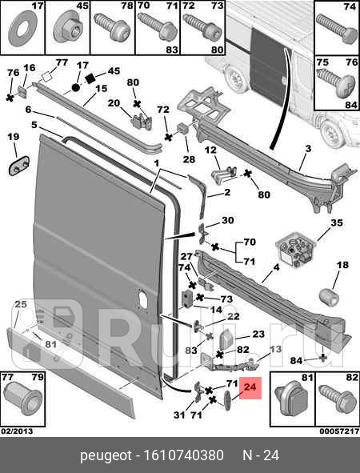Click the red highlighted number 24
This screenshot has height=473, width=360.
pyautogui.click(x=250, y=387)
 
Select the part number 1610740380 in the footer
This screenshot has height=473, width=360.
pyautogui.click(x=184, y=455)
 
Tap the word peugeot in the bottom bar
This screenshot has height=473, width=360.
pyautogui.click(x=106, y=456)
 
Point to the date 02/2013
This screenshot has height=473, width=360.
pyautogui.click(x=17, y=431)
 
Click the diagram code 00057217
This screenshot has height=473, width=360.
pyautogui.click(x=339, y=431)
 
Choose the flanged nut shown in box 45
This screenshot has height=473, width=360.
pyautogui.click(x=69, y=30)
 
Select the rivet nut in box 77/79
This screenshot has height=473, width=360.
pyautogui.click(x=22, y=399)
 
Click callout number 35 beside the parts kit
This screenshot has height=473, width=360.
pyautogui.click(x=337, y=223)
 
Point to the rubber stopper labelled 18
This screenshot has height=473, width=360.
pyautogui.click(x=329, y=296)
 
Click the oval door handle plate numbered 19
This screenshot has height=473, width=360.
pyautogui.click(x=18, y=165)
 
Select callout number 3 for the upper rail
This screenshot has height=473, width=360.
pyautogui.click(x=307, y=148)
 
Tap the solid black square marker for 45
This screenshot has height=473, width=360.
pyautogui.click(x=90, y=78)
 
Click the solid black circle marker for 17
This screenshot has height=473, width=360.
pyautogui.click(x=76, y=88)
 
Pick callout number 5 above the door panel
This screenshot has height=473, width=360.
pyautogui.click(x=34, y=124)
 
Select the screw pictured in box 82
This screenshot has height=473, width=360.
pyautogui.click(x=336, y=399)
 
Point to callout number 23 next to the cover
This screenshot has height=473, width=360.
pyautogui.click(x=258, y=334)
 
